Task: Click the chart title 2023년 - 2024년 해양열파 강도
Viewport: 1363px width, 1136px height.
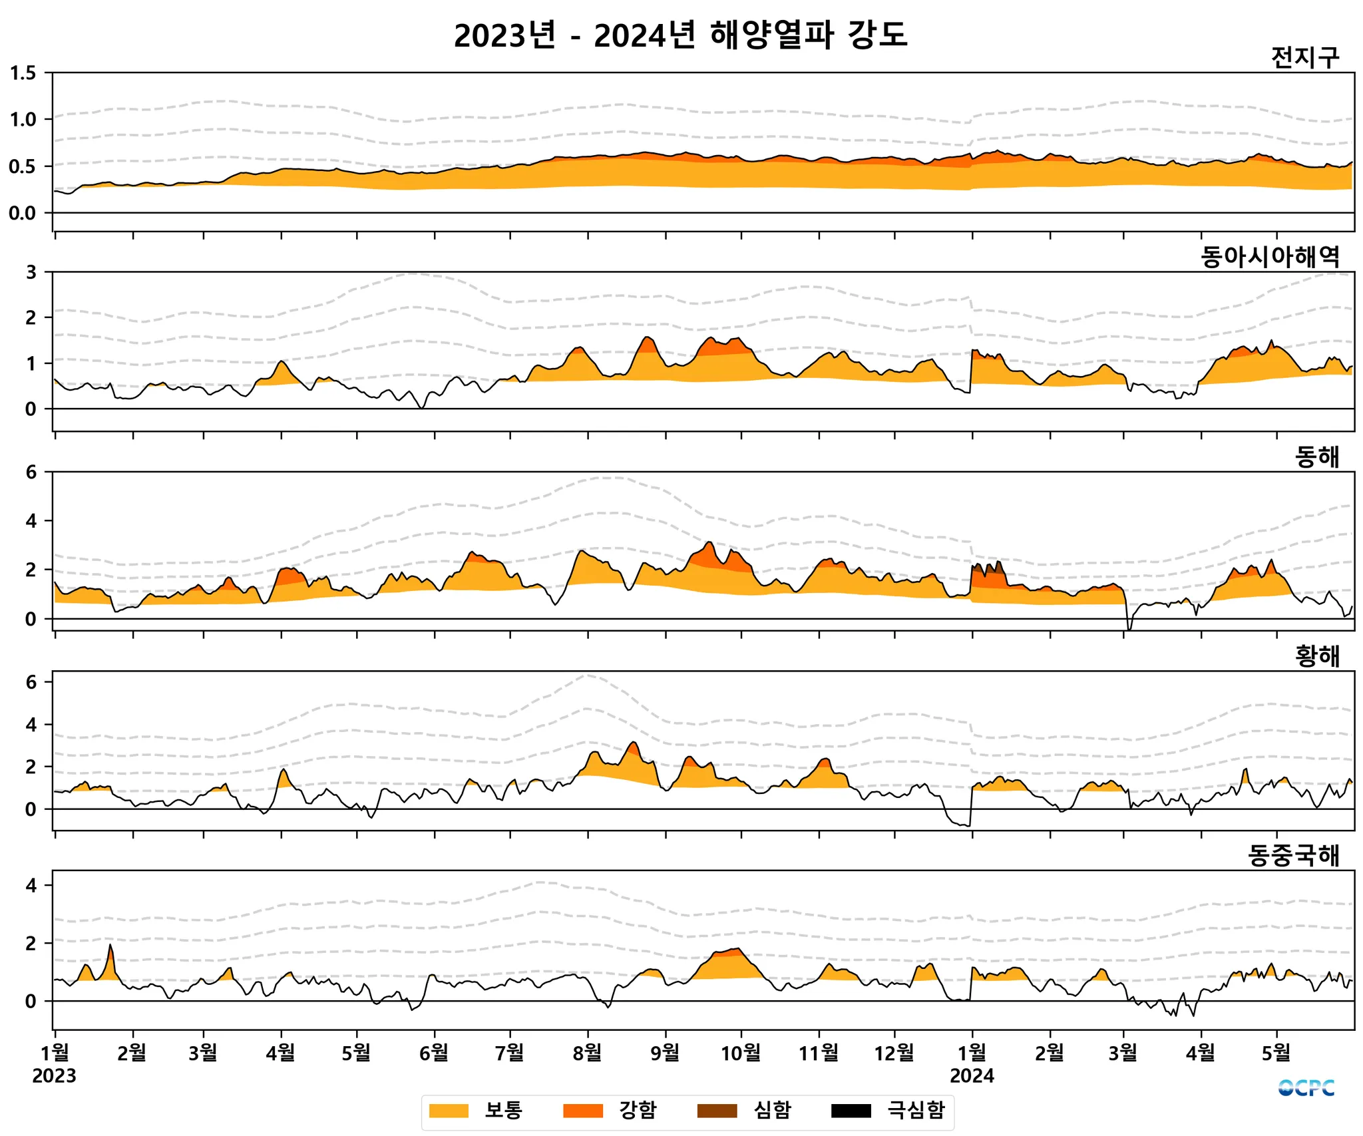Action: point(680,35)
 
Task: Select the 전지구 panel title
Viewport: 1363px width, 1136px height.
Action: point(1304,58)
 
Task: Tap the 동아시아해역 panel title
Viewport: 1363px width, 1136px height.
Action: point(1270,257)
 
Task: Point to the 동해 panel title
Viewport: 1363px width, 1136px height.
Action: point(1316,457)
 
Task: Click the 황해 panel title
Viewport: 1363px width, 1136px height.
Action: point(1316,656)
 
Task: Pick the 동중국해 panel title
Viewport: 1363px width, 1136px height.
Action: point(1293,856)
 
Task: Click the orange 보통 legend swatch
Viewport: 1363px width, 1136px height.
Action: point(449,1111)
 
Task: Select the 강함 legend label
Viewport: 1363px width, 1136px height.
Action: point(638,1110)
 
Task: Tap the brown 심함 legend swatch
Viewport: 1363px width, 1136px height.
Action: point(717,1111)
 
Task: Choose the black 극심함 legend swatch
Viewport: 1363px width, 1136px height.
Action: point(851,1111)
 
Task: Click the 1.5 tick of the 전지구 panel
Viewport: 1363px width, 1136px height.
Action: point(23,73)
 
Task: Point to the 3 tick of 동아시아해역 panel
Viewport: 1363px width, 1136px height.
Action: point(31,272)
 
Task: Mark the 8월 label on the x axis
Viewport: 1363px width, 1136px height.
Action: point(588,1053)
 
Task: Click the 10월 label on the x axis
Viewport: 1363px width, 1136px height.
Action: point(741,1053)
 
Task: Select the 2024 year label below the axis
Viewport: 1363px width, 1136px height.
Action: point(972,1076)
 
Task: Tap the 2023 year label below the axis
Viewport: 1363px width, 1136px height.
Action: point(54,1076)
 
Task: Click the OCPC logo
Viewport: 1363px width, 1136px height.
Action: point(1306,1088)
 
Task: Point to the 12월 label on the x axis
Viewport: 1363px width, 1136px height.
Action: point(894,1053)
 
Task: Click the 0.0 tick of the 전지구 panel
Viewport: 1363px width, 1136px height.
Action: point(23,213)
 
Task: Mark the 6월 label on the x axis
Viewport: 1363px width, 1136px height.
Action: point(435,1053)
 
